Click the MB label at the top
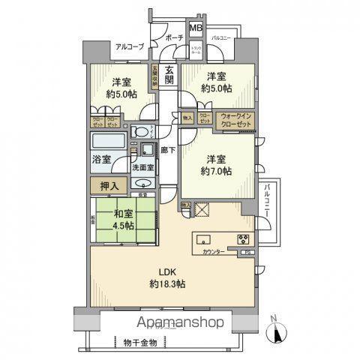(x=195, y=29)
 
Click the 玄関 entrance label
(x=169, y=80)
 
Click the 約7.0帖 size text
(x=217, y=171)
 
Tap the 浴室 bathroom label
(x=101, y=160)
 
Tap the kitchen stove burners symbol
(x=244, y=240)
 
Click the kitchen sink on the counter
(x=205, y=241)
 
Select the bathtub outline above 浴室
(x=108, y=142)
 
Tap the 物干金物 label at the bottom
(x=140, y=341)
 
